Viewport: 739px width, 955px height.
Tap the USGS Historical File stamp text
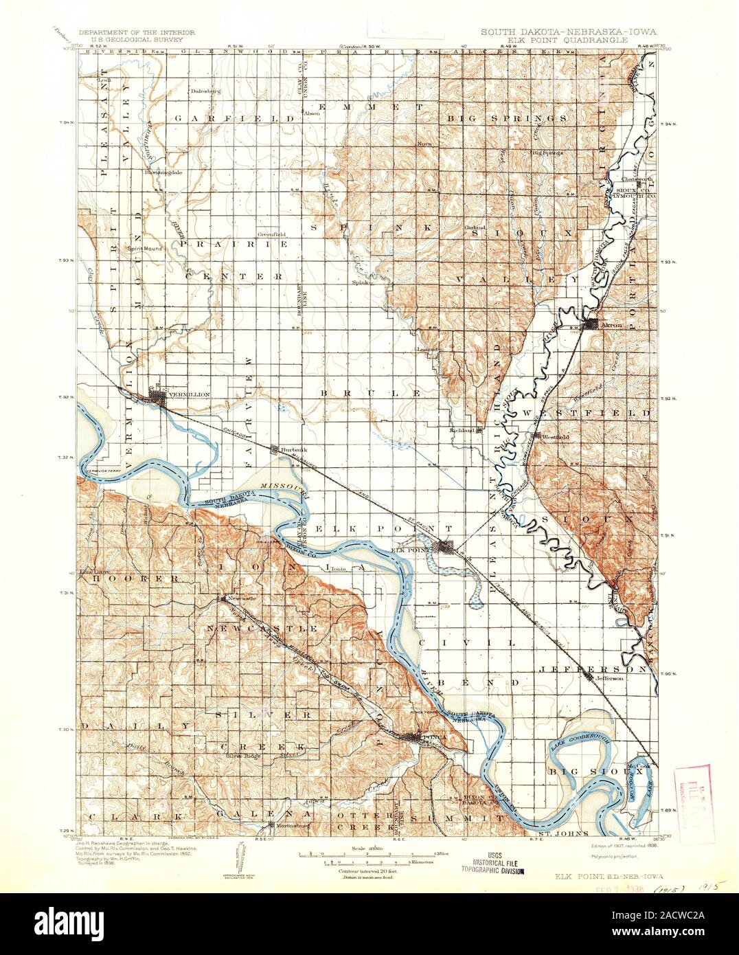click(499, 864)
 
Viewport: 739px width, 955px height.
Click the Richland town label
click(462, 430)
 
